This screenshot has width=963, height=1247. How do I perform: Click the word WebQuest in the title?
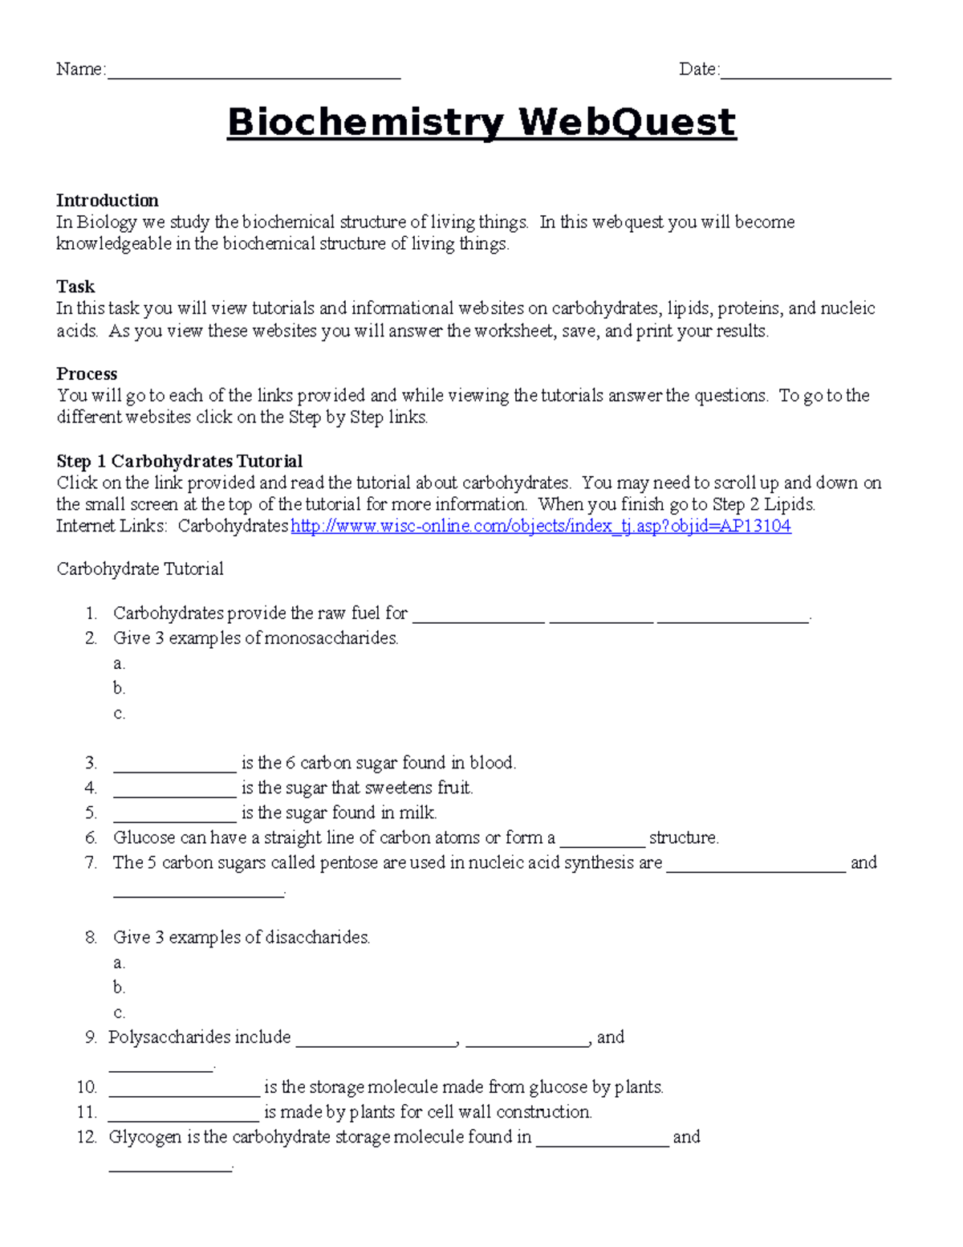pyautogui.click(x=627, y=123)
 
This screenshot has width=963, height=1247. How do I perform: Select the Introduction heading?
pyautogui.click(x=107, y=201)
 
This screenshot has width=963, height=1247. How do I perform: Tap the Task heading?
pyautogui.click(x=75, y=287)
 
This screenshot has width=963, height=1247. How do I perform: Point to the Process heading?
pyautogui.click(x=87, y=374)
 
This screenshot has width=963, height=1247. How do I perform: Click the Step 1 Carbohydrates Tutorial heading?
pyautogui.click(x=179, y=462)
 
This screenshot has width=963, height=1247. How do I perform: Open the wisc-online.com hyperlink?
pyautogui.click(x=540, y=527)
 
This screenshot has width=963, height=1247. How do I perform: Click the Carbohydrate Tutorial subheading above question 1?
pyautogui.click(x=140, y=569)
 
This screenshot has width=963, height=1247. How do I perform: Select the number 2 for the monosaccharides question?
pyautogui.click(x=91, y=639)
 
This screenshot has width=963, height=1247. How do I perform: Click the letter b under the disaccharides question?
pyautogui.click(x=119, y=988)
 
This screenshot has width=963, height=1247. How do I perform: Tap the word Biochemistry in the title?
pyautogui.click(x=365, y=123)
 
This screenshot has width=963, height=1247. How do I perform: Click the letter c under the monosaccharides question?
pyautogui.click(x=119, y=714)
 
